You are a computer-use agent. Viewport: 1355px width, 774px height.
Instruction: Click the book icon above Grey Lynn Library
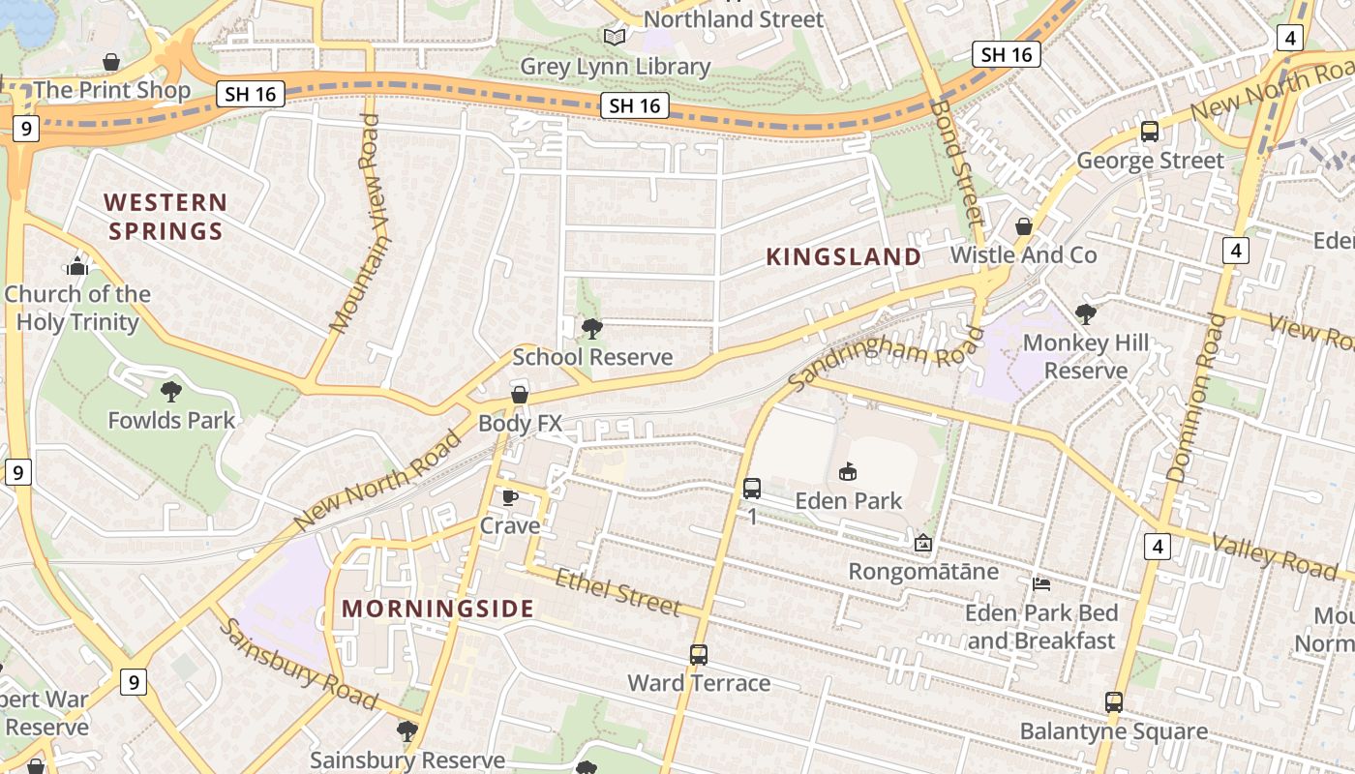(615, 37)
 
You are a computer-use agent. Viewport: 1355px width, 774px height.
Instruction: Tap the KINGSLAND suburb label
(844, 256)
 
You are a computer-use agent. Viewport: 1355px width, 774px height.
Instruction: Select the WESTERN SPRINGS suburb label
(166, 217)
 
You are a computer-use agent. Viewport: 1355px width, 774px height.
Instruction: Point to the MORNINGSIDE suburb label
(437, 609)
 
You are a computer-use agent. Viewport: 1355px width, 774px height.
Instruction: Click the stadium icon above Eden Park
(848, 472)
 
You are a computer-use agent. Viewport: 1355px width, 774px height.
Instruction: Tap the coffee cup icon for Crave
(510, 497)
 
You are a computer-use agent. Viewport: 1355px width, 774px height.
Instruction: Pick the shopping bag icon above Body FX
(520, 395)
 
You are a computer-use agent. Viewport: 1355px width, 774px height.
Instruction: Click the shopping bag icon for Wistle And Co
(1024, 227)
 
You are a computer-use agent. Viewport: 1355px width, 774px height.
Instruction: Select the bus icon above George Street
(1150, 132)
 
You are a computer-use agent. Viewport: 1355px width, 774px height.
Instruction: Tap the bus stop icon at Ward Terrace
(699, 655)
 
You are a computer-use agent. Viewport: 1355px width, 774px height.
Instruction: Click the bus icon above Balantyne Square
(1114, 702)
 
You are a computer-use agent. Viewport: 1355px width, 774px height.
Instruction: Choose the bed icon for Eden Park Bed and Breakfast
(1041, 584)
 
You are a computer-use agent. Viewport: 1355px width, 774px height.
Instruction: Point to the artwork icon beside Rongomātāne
(922, 543)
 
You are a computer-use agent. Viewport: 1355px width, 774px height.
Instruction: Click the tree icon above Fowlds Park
(171, 392)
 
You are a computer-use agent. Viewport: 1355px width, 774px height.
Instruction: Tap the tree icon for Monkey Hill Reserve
(1085, 313)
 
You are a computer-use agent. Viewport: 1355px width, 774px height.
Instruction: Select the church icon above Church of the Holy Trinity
(77, 266)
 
